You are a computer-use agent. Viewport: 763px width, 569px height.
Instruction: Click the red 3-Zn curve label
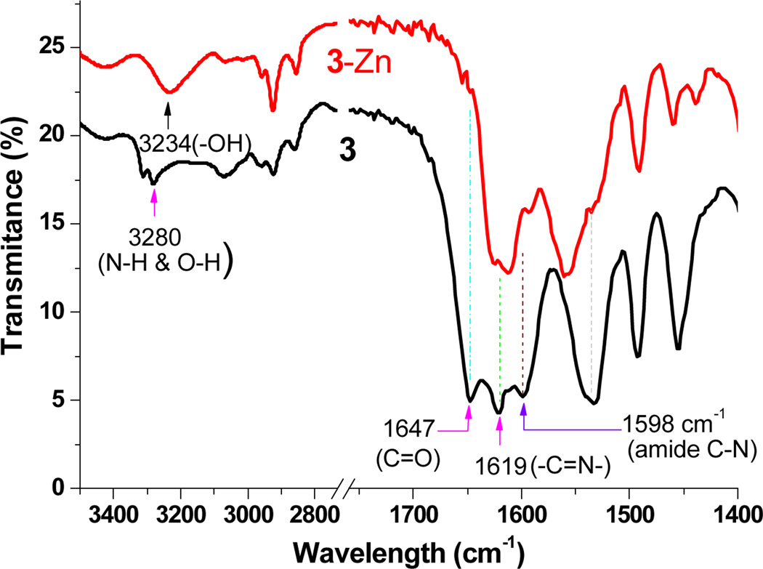point(360,65)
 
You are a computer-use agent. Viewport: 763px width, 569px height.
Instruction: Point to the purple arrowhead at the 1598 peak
point(524,412)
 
